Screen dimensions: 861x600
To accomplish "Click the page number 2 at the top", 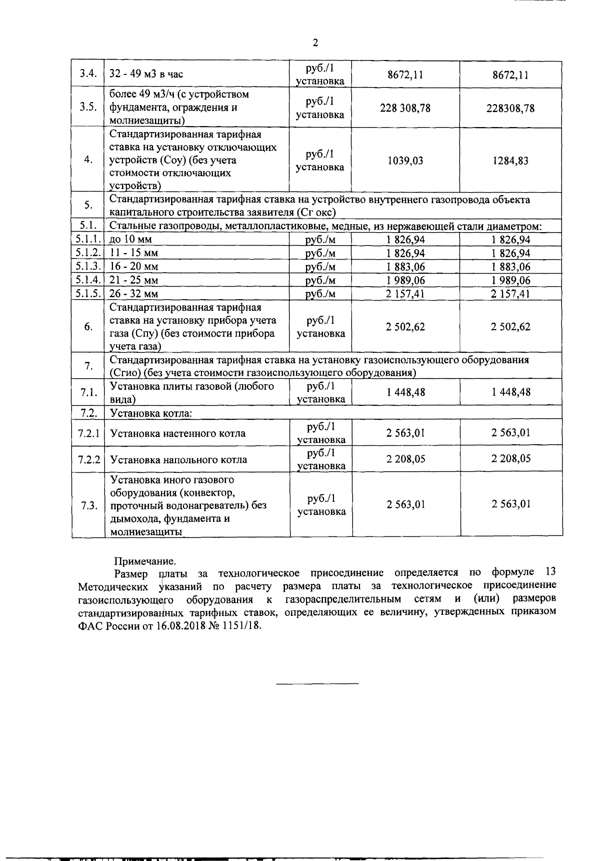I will click(315, 43).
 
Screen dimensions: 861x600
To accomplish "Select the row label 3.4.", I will click(87, 74).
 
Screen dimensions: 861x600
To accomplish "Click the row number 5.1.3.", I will click(88, 266).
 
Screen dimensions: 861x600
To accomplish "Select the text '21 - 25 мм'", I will click(133, 280).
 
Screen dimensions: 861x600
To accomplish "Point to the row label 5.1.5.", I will click(88, 294).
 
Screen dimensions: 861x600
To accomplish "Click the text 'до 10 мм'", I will click(130, 240).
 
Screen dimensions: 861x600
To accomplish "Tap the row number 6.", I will click(88, 327).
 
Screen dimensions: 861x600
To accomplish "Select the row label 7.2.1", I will click(88, 433).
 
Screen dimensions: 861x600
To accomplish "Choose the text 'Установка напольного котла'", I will click(178, 459).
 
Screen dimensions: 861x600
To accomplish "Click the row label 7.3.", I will click(88, 505).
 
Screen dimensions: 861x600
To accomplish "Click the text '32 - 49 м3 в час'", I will click(146, 74).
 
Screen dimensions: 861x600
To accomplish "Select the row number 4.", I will click(88, 160).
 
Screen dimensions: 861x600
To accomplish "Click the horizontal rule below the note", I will click(317, 683).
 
